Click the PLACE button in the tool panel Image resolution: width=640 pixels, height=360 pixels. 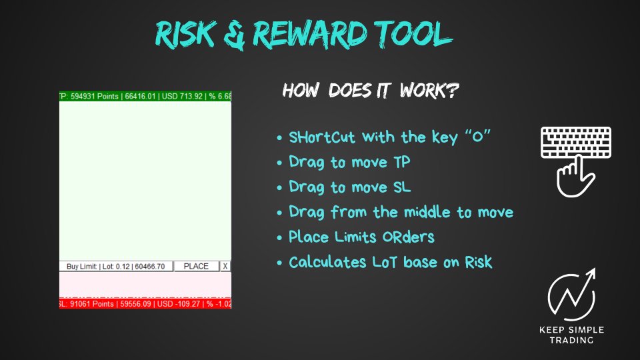tap(196, 267)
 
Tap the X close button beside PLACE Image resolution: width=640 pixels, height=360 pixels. tap(225, 267)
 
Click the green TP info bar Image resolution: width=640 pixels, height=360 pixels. tap(145, 96)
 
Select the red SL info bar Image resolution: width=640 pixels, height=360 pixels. tap(145, 304)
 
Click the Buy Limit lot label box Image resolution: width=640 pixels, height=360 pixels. tap(116, 267)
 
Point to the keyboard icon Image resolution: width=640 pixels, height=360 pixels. tap(576, 143)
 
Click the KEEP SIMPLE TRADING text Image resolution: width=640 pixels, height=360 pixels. tap(571, 335)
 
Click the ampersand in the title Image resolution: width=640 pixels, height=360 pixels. tap(235, 36)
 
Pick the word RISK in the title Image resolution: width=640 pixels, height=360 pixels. tap(186, 34)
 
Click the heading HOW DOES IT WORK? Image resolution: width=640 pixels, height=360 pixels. tap(371, 90)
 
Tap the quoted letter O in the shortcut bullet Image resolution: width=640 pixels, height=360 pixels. tap(477, 136)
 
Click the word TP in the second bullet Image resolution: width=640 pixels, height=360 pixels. tap(401, 162)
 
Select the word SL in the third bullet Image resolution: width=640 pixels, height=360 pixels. tap(402, 187)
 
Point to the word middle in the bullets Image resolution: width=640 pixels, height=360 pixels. tap(427, 212)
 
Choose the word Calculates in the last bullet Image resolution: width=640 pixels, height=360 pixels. tap(328, 262)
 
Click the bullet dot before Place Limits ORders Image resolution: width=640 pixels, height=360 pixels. tap(279, 237)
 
